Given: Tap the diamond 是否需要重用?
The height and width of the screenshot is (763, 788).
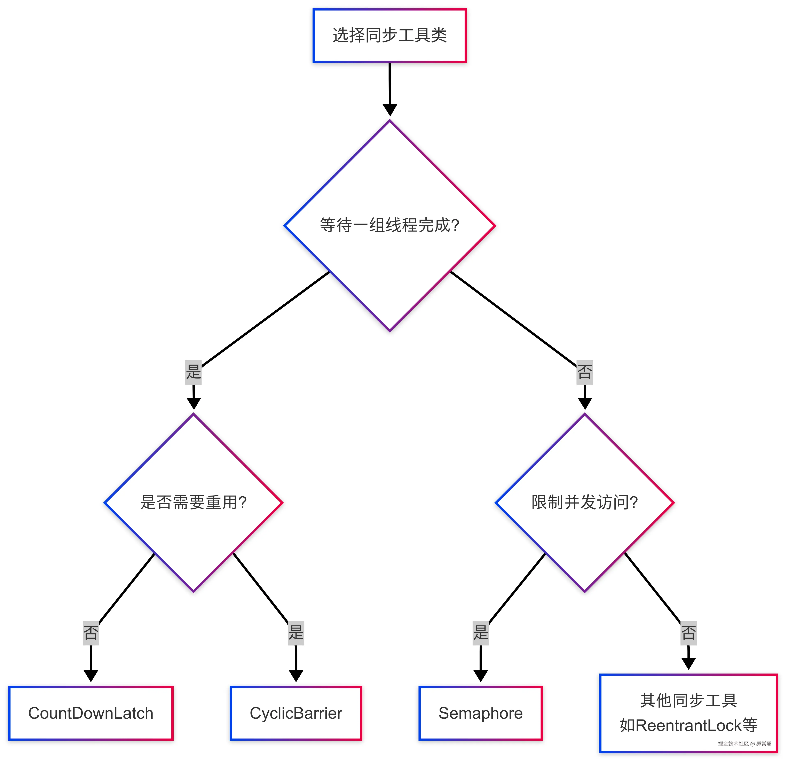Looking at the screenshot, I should pyautogui.click(x=193, y=502).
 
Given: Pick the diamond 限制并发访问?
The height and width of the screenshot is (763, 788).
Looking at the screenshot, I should pyautogui.click(x=585, y=502).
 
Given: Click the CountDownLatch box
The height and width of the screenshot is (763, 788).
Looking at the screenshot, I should pyautogui.click(x=91, y=713).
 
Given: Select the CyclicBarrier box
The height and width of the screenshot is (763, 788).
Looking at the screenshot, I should pyautogui.click(x=296, y=713).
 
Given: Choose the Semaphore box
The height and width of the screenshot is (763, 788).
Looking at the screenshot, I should pyautogui.click(x=480, y=713).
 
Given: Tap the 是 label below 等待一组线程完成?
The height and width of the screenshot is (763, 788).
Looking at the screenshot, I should pyautogui.click(x=193, y=372).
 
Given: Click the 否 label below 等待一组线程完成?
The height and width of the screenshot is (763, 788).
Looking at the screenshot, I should pyautogui.click(x=585, y=372).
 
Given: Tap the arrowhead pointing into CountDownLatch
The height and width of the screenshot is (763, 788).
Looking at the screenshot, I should pyautogui.click(x=91, y=676).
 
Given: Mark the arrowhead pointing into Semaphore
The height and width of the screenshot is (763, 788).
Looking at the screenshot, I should pyautogui.click(x=480, y=676).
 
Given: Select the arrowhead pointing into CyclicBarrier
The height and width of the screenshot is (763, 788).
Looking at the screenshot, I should pyautogui.click(x=296, y=676).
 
